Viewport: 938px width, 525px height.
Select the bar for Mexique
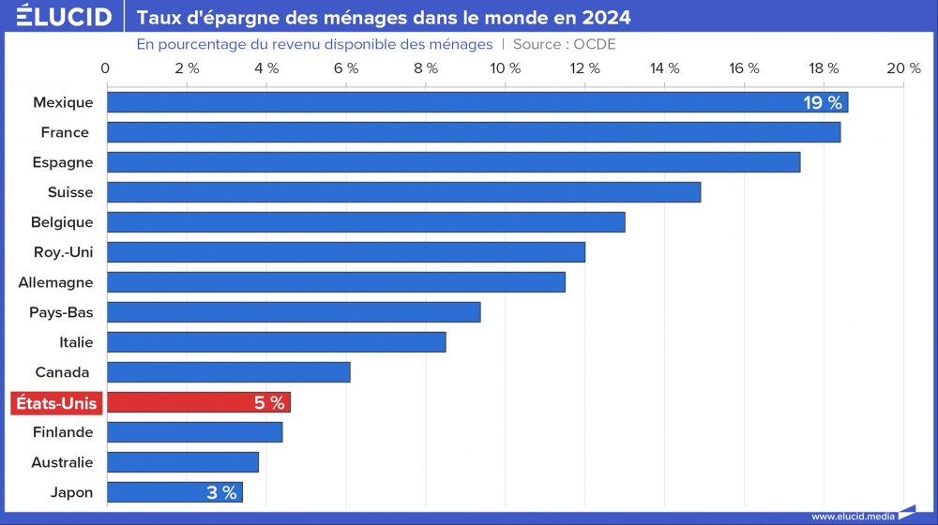click(x=450, y=102)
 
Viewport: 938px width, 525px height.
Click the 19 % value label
click(x=823, y=103)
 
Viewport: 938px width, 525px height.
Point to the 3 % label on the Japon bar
click(x=221, y=493)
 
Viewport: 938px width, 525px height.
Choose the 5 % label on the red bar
click(x=269, y=403)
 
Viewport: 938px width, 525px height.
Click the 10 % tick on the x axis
click(x=505, y=67)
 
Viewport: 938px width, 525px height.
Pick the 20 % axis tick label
click(x=903, y=67)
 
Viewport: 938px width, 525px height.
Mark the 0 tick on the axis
click(x=105, y=67)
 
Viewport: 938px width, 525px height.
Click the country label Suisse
click(x=70, y=192)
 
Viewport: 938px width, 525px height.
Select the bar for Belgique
click(x=366, y=222)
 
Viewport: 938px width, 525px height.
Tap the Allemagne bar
click(x=336, y=282)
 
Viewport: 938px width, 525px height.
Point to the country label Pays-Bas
click(x=61, y=312)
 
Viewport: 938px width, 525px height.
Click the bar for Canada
click(x=228, y=372)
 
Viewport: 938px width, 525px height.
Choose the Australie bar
click(x=182, y=462)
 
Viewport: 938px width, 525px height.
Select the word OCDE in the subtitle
click(x=595, y=44)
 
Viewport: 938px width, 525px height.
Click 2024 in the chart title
click(x=605, y=18)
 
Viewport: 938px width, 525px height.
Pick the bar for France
click(x=473, y=132)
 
